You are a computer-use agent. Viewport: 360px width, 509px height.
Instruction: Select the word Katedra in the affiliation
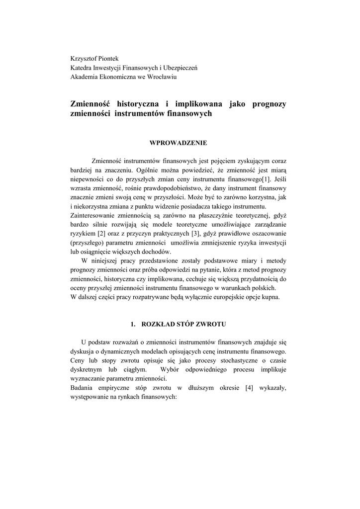point(82,68)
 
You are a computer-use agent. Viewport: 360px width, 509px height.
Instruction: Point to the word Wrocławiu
point(162,77)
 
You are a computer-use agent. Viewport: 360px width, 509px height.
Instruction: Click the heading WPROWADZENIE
point(178,143)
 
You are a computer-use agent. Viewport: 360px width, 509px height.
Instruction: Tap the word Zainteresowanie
point(92,215)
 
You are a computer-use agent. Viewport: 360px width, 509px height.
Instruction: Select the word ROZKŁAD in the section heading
point(158,324)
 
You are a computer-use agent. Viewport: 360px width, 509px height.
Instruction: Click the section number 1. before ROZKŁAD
point(133,324)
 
